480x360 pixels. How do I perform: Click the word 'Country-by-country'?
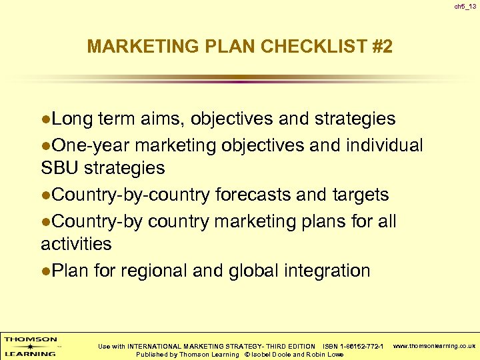pyautogui.click(x=131, y=195)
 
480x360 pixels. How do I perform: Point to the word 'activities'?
pyautogui.click(x=76, y=244)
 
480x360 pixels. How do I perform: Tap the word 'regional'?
pyautogui.click(x=162, y=271)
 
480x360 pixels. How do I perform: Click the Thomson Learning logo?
pyautogui.click(x=31, y=346)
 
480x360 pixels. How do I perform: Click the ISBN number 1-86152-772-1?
pyautogui.click(x=362, y=346)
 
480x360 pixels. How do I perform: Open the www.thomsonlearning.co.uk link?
pyautogui.click(x=434, y=346)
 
